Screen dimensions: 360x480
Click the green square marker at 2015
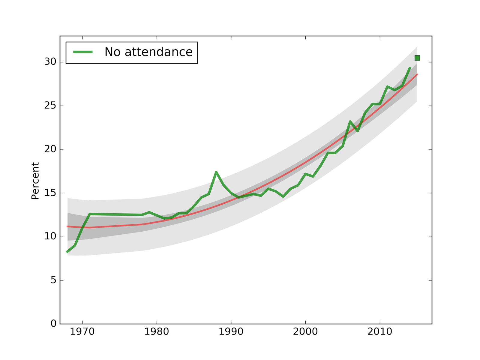(x=417, y=58)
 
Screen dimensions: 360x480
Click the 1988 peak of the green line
(x=216, y=172)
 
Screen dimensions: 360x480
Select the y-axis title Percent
(x=35, y=181)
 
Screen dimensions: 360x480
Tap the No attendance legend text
(x=148, y=52)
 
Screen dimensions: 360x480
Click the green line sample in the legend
(x=83, y=52)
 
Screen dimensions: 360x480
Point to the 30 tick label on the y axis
(x=50, y=62)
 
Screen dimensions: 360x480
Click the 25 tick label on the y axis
(x=50, y=106)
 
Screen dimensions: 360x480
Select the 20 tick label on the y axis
(x=50, y=149)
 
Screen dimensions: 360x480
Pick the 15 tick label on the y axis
(x=50, y=193)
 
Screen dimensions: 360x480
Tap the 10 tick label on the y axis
(x=50, y=236)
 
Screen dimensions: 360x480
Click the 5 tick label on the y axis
(x=53, y=280)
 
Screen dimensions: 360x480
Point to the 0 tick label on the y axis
(x=53, y=324)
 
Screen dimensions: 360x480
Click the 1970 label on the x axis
(x=82, y=332)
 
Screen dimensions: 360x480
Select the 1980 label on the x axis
(x=157, y=332)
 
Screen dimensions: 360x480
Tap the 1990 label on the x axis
(x=231, y=332)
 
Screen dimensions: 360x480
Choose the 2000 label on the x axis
(x=305, y=332)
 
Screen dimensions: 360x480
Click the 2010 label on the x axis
(x=380, y=332)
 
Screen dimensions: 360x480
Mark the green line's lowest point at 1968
(x=67, y=252)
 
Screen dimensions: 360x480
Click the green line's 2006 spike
(x=350, y=121)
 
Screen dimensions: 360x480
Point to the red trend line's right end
(x=417, y=74)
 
